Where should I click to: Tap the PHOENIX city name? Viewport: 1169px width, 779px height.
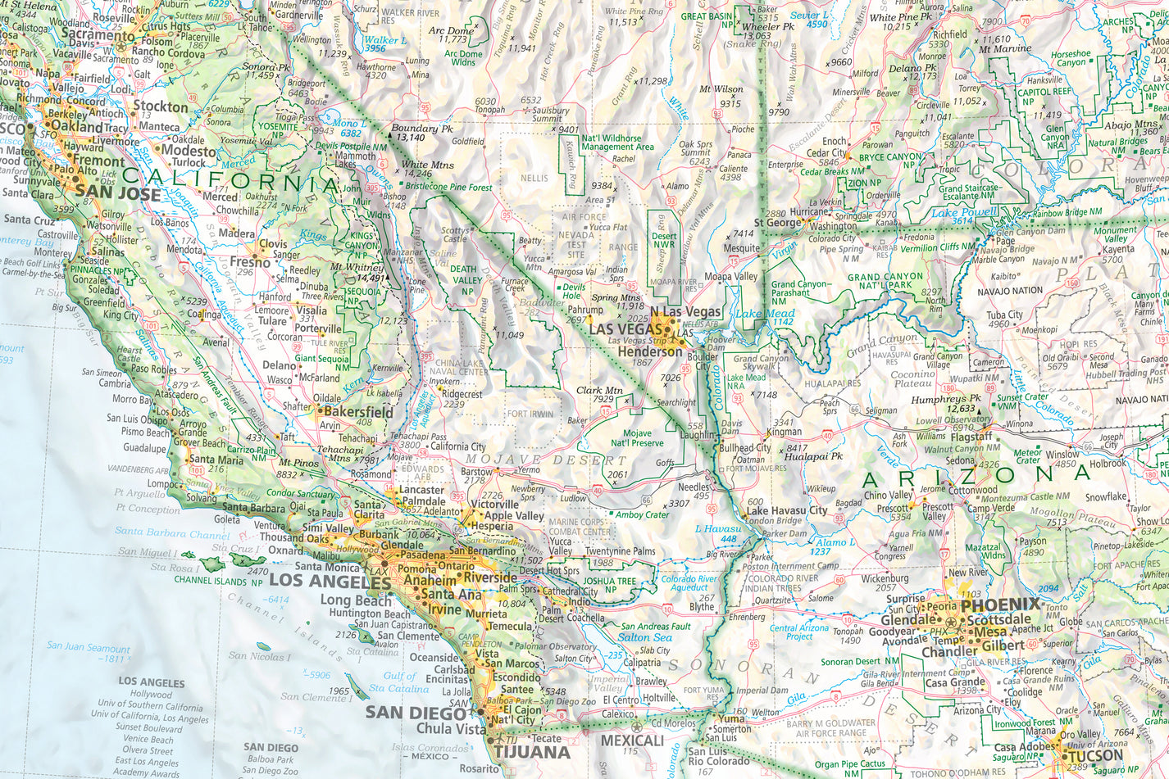click(1001, 605)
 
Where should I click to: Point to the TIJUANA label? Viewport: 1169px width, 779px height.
click(531, 752)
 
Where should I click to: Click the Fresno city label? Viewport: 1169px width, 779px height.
click(250, 263)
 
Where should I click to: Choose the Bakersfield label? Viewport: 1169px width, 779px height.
click(357, 412)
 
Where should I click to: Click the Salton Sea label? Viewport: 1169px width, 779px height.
click(645, 637)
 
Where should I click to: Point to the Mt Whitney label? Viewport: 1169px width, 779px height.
click(357, 267)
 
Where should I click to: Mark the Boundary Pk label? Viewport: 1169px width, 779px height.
click(422, 129)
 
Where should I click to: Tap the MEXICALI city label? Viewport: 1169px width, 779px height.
click(632, 740)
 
